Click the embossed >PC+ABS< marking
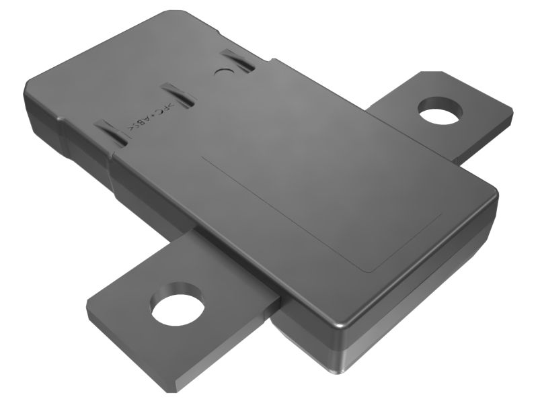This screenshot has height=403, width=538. tap(150, 119)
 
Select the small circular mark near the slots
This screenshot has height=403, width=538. tap(221, 71)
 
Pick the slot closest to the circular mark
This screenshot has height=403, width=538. tap(238, 62)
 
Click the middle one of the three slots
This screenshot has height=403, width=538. tap(176, 94)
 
